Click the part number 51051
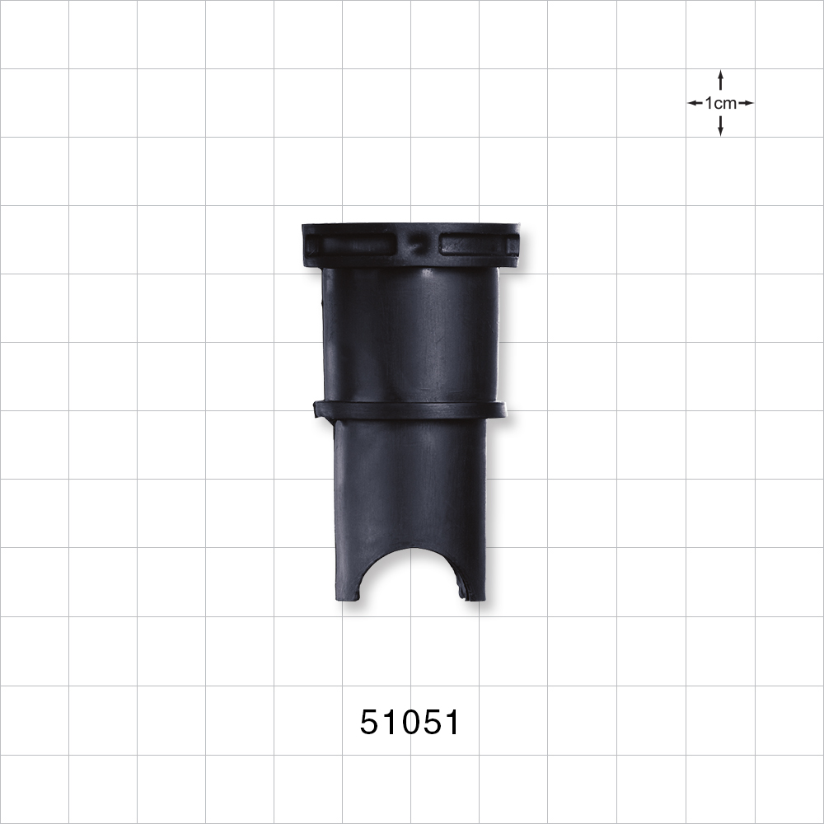[x=410, y=723]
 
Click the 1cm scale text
[x=720, y=103]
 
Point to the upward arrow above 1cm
[x=720, y=79]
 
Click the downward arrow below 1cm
[x=720, y=127]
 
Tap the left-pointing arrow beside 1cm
[x=695, y=103]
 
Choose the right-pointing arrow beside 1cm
[x=746, y=103]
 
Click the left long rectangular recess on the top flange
[x=357, y=245]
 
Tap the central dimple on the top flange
[x=419, y=245]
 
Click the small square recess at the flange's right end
[x=513, y=245]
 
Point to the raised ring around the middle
[x=410, y=410]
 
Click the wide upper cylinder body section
[x=410, y=334]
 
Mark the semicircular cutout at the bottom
[x=410, y=577]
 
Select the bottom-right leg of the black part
[x=474, y=577]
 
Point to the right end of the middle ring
[x=500, y=410]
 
